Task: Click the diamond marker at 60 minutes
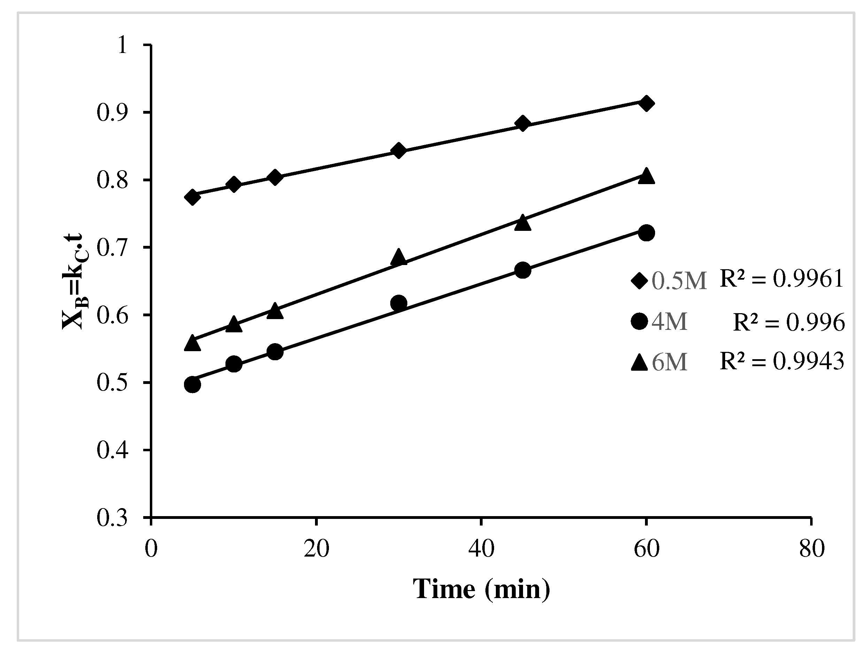pyautogui.click(x=646, y=104)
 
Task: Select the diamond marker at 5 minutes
pyautogui.click(x=192, y=197)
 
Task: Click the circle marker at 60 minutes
pyautogui.click(x=646, y=233)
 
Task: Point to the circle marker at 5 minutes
pyautogui.click(x=192, y=384)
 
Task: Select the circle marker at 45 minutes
pyautogui.click(x=522, y=270)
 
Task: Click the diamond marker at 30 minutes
pyautogui.click(x=399, y=150)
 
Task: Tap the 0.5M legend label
pyautogui.click(x=679, y=281)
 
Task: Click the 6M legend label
pyautogui.click(x=669, y=362)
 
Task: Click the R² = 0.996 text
pyautogui.click(x=789, y=323)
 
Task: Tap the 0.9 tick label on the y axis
pyautogui.click(x=112, y=113)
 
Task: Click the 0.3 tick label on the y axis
pyautogui.click(x=112, y=518)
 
